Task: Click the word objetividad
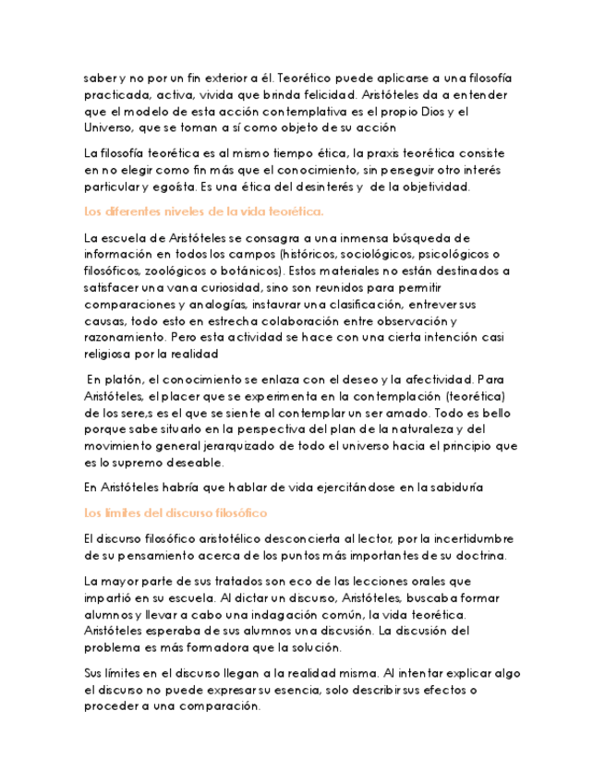435,187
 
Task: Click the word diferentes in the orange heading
135,211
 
